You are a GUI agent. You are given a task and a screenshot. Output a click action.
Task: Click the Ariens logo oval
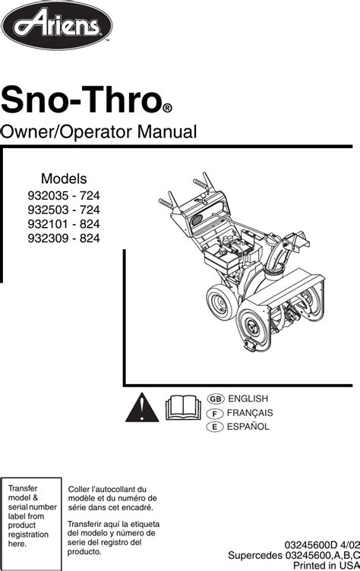coord(57,25)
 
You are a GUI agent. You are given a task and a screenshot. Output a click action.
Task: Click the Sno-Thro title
coord(81,99)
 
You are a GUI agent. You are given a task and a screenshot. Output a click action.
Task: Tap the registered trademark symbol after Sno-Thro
coord(167,109)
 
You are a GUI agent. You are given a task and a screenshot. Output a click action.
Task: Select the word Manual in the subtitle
coord(167,131)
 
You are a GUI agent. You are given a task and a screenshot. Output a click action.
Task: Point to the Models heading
coord(64,178)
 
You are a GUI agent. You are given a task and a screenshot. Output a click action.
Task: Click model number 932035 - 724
coord(64,196)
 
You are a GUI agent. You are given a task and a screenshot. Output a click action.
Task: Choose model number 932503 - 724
coord(64,210)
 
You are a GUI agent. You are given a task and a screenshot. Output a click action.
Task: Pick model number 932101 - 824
coord(64,224)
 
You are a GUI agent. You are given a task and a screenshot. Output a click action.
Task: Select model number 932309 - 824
coord(64,238)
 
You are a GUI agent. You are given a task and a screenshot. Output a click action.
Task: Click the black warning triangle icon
coord(142,409)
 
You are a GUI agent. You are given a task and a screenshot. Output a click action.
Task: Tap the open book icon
coord(183,408)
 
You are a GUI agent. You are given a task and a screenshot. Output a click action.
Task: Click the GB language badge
coord(216,399)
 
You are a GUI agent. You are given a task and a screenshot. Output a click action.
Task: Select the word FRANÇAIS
coord(250,413)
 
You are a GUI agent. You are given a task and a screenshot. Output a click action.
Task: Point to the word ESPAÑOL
coord(248,427)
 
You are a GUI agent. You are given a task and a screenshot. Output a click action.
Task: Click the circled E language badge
coord(215,427)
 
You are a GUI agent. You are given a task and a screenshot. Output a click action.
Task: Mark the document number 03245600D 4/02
coord(322,545)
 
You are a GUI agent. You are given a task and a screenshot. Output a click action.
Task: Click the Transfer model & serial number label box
coord(31,524)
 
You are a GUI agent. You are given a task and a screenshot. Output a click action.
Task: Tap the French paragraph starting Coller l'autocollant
coord(112,498)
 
